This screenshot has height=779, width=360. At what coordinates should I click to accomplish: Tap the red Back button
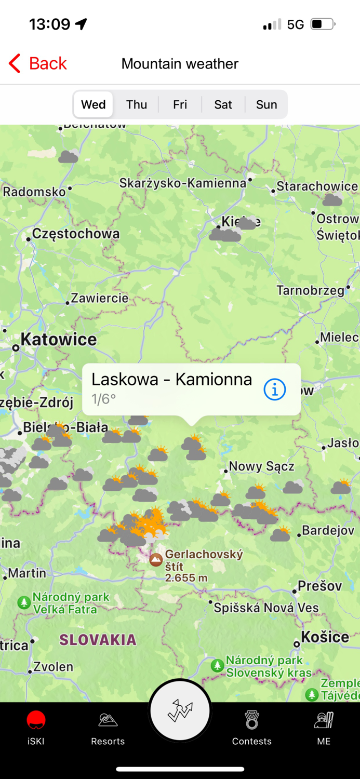(38, 63)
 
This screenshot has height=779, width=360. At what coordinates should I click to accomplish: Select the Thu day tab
(137, 104)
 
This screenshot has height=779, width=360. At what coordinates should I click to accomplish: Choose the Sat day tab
(223, 104)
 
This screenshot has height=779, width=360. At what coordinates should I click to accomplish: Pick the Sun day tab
(266, 104)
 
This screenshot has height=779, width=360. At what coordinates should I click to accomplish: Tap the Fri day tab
(180, 104)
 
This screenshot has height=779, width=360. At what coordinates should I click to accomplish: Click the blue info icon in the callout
(275, 389)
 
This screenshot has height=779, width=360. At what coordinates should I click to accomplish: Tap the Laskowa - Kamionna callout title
(171, 380)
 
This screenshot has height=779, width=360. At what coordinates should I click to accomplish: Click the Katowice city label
(58, 340)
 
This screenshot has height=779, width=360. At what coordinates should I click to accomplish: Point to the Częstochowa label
(76, 234)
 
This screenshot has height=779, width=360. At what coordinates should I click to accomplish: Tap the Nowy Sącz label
(261, 466)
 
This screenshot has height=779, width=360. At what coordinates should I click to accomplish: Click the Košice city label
(325, 637)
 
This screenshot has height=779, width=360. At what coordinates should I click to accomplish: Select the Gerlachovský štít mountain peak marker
(156, 560)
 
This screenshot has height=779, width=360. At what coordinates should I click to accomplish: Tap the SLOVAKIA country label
(98, 640)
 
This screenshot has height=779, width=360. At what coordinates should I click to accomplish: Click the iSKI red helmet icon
(36, 721)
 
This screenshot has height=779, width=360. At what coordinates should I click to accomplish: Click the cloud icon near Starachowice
(332, 199)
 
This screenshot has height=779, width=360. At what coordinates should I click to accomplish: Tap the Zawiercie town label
(99, 298)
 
